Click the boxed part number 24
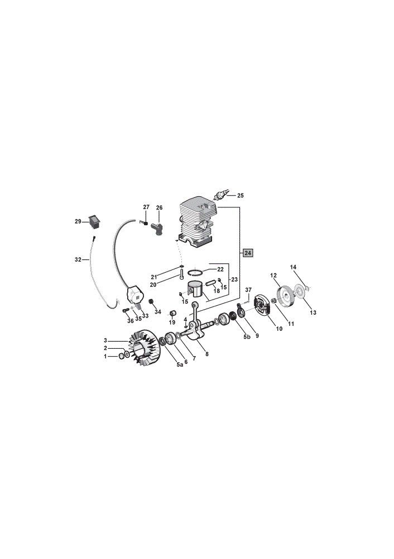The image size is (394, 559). pos(248,253)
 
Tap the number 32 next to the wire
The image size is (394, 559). pos(78,259)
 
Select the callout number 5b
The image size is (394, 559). pos(247,337)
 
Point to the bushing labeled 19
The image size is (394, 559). pos(173,313)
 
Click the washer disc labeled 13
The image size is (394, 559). pos(301,292)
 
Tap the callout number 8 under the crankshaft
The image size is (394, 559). pos(207,354)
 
